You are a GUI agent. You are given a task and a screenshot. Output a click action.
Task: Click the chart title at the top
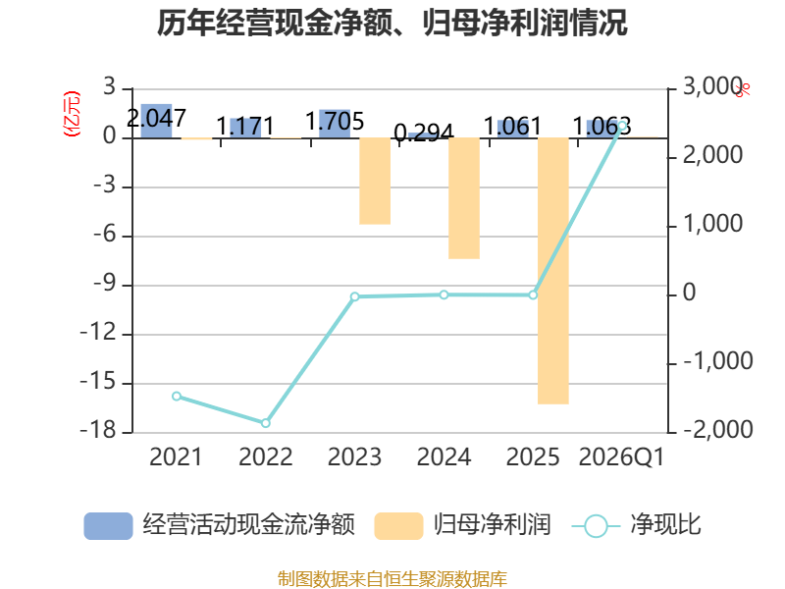click(x=392, y=23)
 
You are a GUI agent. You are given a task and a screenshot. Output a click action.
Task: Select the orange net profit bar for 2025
click(x=553, y=271)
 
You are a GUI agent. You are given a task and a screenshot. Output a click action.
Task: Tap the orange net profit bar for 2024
click(x=464, y=198)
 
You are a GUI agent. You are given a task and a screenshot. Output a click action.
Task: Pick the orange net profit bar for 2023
click(x=375, y=181)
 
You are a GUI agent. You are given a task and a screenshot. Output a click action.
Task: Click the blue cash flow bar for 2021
click(x=156, y=121)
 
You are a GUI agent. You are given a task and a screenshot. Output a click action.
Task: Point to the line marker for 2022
click(x=266, y=423)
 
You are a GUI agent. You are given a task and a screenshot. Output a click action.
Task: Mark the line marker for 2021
click(x=177, y=397)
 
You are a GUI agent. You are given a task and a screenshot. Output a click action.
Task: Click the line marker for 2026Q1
click(x=622, y=126)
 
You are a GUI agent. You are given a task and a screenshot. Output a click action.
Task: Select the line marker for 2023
click(x=355, y=296)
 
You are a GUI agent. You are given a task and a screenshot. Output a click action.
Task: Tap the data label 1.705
click(x=335, y=121)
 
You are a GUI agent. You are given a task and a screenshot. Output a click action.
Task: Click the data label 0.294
click(x=424, y=133)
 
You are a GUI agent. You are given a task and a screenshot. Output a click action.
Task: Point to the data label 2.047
click(x=156, y=119)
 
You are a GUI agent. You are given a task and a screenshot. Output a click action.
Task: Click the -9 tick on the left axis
click(x=105, y=284)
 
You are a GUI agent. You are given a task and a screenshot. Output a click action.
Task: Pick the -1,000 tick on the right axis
click(x=718, y=361)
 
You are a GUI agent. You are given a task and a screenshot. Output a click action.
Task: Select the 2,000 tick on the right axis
click(x=713, y=155)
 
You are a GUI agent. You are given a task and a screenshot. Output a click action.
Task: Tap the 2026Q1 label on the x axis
click(x=621, y=457)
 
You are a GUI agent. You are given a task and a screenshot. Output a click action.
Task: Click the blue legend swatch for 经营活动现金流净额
click(x=108, y=526)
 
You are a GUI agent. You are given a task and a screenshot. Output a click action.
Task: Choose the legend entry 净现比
click(x=636, y=525)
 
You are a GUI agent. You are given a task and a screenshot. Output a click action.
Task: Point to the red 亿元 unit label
click(x=72, y=114)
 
